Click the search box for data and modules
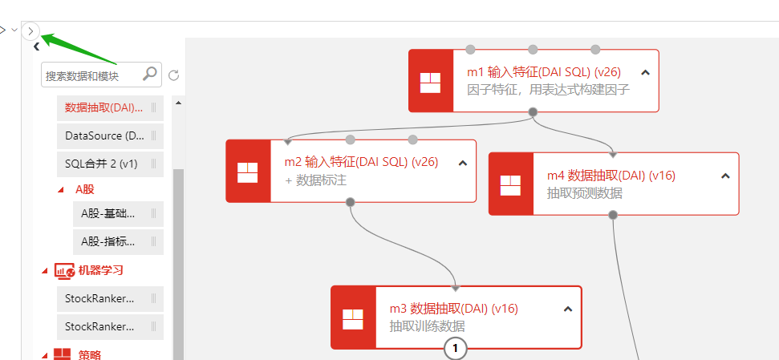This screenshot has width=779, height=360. point(90,75)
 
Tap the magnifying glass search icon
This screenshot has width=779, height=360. point(150,74)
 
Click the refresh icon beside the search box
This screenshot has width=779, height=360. point(173,75)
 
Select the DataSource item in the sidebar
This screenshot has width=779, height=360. point(104,136)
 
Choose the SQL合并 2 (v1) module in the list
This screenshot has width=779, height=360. point(101,164)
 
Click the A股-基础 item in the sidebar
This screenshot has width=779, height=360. point(108,213)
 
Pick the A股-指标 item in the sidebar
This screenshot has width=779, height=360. point(108,241)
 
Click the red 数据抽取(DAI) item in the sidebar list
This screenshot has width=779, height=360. point(103,107)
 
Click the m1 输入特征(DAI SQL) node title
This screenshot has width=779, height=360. point(543,72)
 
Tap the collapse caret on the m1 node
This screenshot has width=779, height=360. point(646,72)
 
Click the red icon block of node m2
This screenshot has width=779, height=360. point(247,172)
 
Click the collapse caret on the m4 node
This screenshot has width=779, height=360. point(725,176)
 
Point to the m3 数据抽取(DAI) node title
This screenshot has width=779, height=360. point(453,309)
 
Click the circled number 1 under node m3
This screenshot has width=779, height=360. point(456,349)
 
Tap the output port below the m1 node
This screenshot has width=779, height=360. point(533,112)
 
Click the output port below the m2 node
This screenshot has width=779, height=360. point(350,203)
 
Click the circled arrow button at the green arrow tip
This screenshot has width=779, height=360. point(30,30)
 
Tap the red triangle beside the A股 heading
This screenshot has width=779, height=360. point(62,190)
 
